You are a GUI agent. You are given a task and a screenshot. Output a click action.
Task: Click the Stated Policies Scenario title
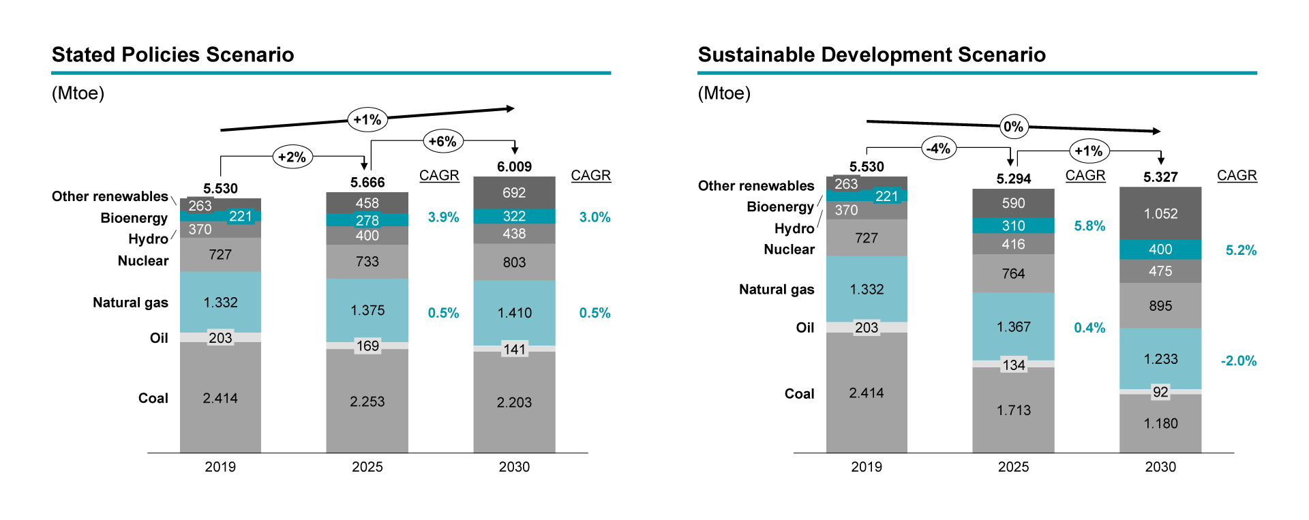[172, 55]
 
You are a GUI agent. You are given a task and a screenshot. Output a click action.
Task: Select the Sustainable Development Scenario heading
[871, 55]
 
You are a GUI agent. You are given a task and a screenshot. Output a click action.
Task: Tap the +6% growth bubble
[443, 141]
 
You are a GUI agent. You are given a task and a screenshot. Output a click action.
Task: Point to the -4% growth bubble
[939, 148]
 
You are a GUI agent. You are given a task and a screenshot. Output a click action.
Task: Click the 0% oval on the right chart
[1013, 126]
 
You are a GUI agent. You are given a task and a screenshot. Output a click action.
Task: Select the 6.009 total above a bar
[514, 167]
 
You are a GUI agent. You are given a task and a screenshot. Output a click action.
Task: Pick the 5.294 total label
[1013, 179]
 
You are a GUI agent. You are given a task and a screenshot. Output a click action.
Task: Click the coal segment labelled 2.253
[367, 401]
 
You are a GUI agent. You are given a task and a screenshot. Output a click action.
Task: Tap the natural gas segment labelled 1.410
[514, 313]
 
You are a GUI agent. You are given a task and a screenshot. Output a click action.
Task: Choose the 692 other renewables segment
[514, 193]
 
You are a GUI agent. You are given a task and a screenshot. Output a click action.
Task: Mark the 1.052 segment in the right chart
[1160, 213]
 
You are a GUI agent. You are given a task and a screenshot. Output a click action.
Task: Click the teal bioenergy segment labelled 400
[1160, 249]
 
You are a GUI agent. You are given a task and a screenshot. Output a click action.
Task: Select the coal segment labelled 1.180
[1160, 423]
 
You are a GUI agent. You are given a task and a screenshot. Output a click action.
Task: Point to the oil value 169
[367, 346]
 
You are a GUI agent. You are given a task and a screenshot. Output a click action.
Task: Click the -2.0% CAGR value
[1238, 361]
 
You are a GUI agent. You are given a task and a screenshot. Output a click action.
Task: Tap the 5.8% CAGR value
[1089, 226]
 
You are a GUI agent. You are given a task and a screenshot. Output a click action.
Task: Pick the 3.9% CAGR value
[443, 217]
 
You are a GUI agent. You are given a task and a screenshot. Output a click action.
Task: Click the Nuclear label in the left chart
[142, 260]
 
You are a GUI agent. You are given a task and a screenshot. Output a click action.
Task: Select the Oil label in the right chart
[804, 328]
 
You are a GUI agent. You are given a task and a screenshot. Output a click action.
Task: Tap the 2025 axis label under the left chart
[367, 467]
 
